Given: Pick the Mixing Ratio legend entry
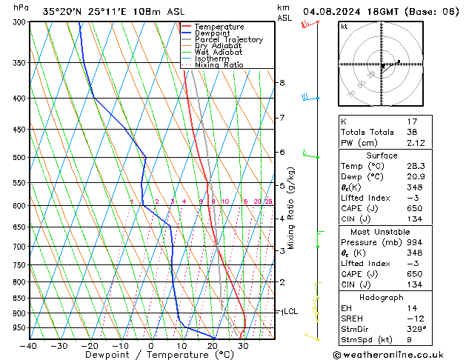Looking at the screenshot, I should tap(219, 65).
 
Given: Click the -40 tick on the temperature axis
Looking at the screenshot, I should tap(30, 346).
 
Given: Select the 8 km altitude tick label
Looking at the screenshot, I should tap(282, 82).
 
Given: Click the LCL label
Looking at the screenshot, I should tap(290, 312).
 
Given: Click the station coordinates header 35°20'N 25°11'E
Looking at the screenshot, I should tap(83, 11).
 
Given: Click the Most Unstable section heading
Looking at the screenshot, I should tap(382, 231).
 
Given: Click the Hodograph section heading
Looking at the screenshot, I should tap(382, 297).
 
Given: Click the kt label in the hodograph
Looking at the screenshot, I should tap(344, 27).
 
